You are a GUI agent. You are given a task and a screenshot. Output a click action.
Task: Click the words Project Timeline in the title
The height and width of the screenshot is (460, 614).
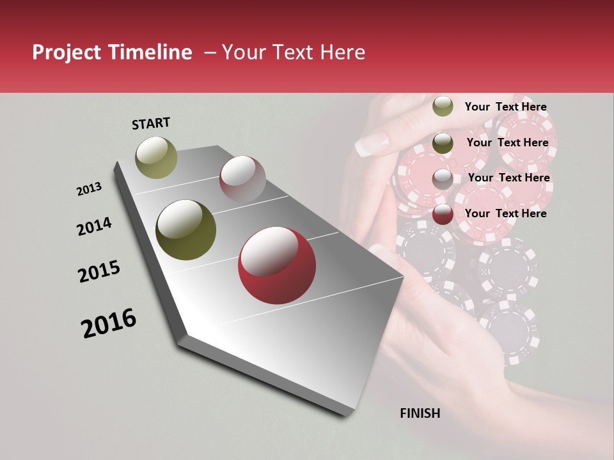click(x=112, y=52)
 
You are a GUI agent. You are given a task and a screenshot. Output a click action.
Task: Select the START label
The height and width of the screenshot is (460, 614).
click(x=151, y=123)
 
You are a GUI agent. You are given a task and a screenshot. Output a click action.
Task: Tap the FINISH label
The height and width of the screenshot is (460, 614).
click(x=420, y=413)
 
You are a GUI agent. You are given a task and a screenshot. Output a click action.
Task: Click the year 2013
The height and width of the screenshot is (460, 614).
click(x=89, y=189)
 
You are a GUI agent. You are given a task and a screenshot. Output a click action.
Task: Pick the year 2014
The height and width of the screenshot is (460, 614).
click(x=94, y=227)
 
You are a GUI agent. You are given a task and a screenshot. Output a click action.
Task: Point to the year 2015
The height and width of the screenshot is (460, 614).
click(x=99, y=271)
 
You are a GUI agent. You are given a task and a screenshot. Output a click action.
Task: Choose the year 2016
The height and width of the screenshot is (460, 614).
click(x=109, y=323)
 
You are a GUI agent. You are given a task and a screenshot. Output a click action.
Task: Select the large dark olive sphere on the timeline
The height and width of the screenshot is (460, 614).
click(x=185, y=230)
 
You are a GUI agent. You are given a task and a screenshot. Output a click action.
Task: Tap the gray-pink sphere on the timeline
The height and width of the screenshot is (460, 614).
click(x=242, y=179)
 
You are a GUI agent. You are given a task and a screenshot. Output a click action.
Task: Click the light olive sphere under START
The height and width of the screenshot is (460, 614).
click(x=156, y=157)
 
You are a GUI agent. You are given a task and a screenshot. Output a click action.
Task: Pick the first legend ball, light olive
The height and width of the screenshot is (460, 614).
click(x=443, y=106)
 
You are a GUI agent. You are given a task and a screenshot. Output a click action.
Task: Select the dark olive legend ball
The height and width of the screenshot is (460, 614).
click(x=443, y=142)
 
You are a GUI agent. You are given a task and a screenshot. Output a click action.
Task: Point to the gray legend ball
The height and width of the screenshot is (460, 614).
click(x=443, y=178)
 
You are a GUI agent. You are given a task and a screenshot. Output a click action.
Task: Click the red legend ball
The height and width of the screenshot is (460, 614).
click(x=443, y=214)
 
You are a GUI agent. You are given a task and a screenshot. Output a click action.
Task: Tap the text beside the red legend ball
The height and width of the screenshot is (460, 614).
click(x=505, y=213)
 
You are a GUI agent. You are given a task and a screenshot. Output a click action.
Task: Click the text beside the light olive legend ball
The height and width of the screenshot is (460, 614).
click(x=505, y=107)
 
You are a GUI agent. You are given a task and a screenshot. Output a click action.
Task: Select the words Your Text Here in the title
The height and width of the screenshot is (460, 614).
click(x=293, y=52)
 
